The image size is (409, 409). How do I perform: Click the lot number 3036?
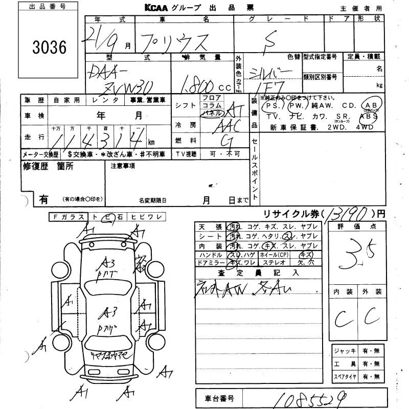point(49,48)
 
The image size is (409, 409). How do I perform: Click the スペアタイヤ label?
point(345,376)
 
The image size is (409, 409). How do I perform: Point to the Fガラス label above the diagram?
point(69,217)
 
